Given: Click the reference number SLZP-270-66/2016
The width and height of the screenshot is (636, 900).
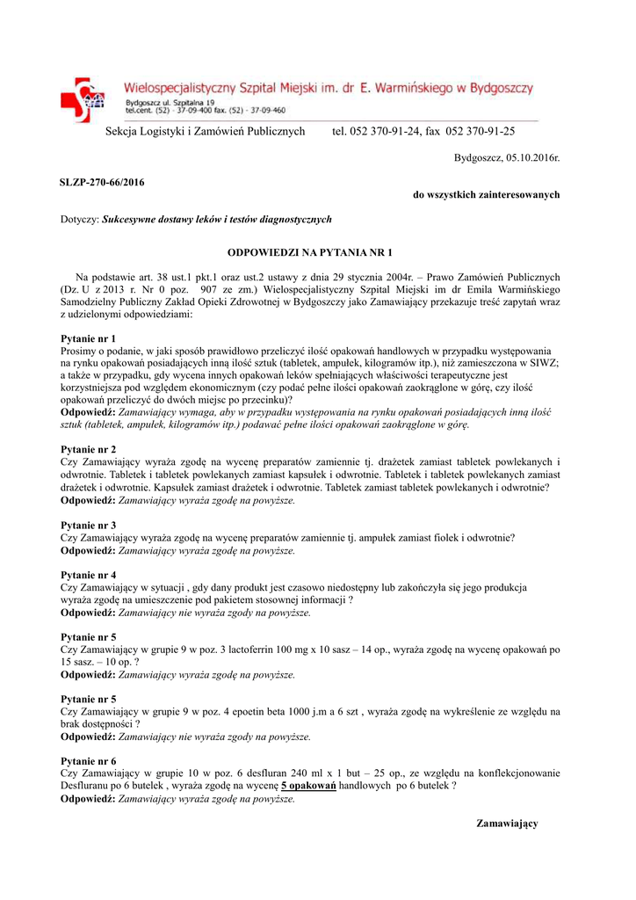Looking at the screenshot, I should click(x=102, y=182).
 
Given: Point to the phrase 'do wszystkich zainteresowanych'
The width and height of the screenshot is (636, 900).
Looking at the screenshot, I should click(x=486, y=194).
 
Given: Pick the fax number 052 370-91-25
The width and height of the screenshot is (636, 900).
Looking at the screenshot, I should click(x=481, y=132).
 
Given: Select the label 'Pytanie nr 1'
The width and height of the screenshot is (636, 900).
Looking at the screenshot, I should click(x=88, y=337).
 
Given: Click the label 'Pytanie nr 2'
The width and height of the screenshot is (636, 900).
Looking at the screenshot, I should click(x=88, y=448).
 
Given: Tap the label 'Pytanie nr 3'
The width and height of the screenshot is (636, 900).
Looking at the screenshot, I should click(x=88, y=525).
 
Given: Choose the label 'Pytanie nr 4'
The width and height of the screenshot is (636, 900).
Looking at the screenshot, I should click(x=88, y=575).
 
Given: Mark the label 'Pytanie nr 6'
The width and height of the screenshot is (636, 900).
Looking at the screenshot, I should click(x=88, y=760).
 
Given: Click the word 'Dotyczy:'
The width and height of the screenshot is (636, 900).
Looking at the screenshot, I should click(x=80, y=219).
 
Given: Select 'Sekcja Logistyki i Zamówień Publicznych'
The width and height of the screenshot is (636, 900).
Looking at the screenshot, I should click(x=205, y=132).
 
